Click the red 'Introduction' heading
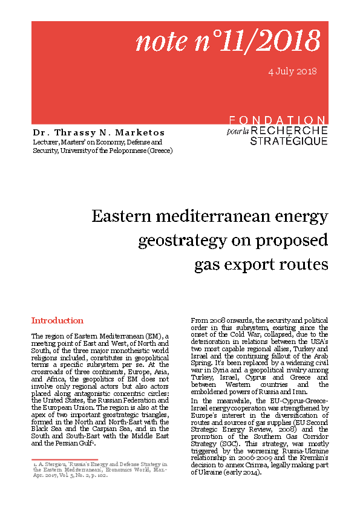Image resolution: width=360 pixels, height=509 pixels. pos(57,320)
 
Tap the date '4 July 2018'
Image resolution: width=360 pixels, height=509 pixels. pos(292,71)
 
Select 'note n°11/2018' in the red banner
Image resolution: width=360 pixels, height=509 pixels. pos(227,41)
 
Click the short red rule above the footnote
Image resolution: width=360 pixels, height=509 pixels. pos(56,459)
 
